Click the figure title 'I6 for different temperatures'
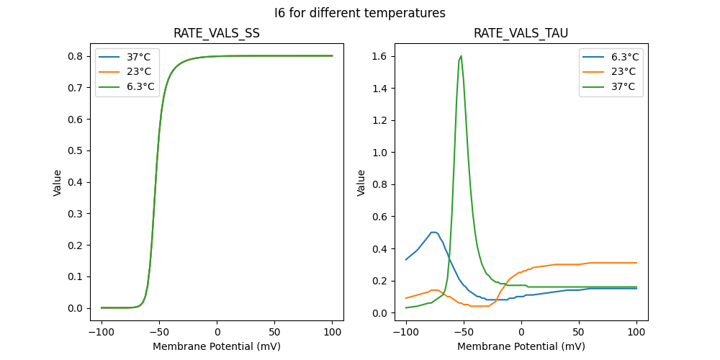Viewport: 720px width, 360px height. (x=360, y=13)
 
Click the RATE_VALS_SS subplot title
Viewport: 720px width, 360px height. (x=217, y=34)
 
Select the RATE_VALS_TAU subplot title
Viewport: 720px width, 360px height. (x=521, y=34)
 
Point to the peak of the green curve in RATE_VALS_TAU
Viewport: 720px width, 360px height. (x=461, y=56)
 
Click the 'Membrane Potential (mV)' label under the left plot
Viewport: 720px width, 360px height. (x=217, y=346)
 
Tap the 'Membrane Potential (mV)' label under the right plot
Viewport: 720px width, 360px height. (x=521, y=346)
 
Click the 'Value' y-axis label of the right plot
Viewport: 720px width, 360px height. (x=361, y=183)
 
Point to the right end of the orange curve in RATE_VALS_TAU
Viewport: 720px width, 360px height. (x=636, y=263)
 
